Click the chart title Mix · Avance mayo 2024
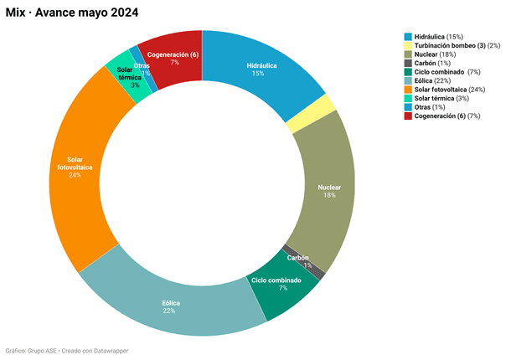[x=72, y=13]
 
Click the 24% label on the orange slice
[x=75, y=175]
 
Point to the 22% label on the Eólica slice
[x=169, y=311]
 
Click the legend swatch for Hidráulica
[x=408, y=37]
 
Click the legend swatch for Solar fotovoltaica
[x=408, y=90]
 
